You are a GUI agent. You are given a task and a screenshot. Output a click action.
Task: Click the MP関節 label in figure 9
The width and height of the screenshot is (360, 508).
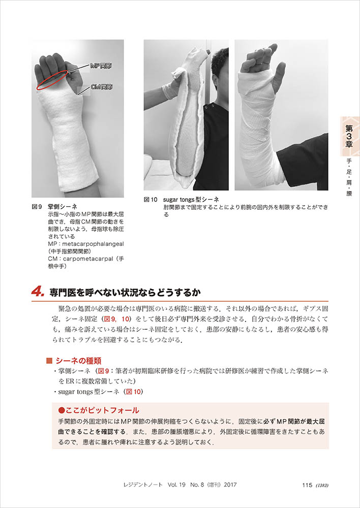tap(101, 66)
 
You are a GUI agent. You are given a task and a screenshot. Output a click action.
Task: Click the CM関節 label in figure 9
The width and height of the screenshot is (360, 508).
tap(101, 87)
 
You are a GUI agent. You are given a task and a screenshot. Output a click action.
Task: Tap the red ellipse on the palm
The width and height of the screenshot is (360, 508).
tap(52, 79)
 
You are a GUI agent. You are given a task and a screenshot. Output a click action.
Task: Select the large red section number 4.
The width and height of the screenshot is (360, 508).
tap(38, 292)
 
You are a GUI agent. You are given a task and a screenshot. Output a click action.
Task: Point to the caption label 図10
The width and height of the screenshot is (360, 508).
tap(151, 200)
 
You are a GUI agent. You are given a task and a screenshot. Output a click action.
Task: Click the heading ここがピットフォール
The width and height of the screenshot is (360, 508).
tap(99, 410)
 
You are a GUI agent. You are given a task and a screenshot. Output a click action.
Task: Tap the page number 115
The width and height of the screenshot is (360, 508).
tap(307, 485)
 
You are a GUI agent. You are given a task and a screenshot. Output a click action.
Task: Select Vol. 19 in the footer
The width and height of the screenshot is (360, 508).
tap(176, 485)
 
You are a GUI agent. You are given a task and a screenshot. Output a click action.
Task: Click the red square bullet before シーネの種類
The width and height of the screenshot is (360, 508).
tap(50, 361)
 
